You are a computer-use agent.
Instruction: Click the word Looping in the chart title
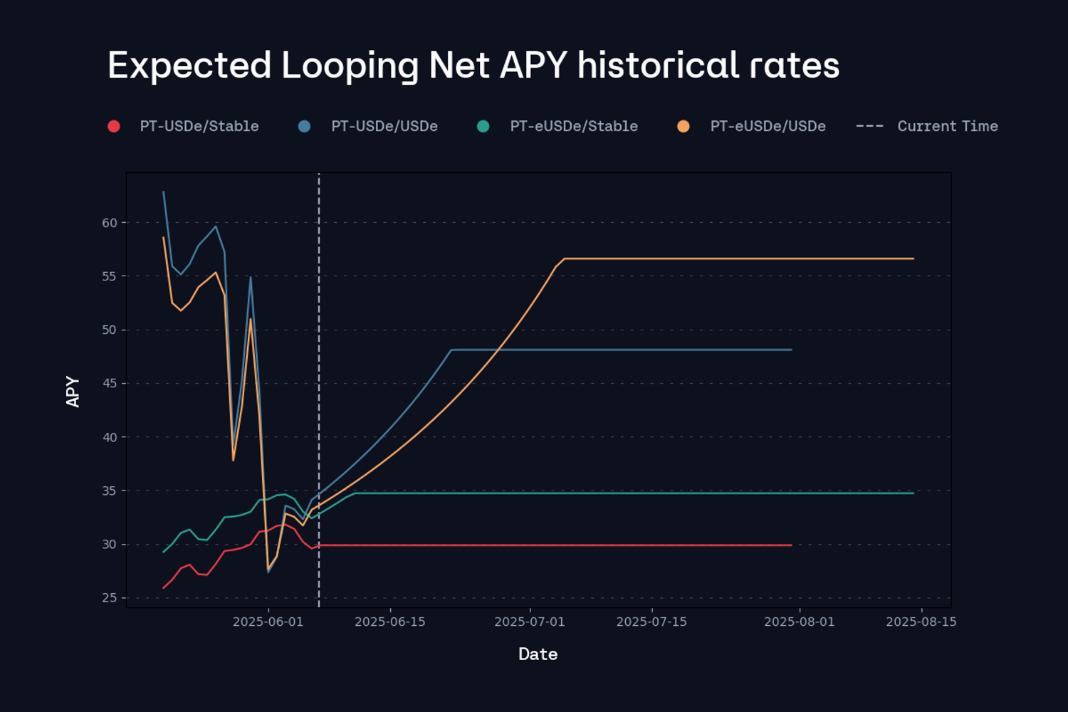tap(349, 66)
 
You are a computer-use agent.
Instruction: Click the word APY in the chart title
tap(533, 66)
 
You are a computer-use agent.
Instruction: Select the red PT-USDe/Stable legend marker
tap(114, 126)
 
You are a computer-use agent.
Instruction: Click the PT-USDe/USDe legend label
tap(384, 126)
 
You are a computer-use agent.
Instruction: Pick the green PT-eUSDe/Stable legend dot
tap(483, 126)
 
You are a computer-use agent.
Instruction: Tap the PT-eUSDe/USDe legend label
tap(768, 126)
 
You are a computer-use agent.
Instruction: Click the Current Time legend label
tap(947, 126)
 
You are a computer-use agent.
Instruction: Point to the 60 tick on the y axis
tap(110, 223)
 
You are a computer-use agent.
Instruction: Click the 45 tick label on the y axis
tap(110, 383)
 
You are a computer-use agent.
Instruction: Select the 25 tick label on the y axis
tap(110, 597)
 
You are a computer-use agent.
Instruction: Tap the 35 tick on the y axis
tap(110, 491)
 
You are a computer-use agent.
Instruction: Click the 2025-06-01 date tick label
tap(268, 622)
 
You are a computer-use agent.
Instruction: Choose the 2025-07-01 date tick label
tap(530, 622)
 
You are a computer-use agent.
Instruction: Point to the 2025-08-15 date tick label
tap(921, 622)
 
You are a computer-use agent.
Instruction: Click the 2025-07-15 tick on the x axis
tap(651, 622)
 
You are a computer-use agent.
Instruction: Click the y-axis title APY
tap(73, 392)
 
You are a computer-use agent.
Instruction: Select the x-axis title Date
tap(538, 654)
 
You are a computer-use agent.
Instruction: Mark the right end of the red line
tap(791, 545)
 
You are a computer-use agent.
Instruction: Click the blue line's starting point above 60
tap(164, 192)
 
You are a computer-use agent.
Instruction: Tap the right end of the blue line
tap(791, 350)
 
